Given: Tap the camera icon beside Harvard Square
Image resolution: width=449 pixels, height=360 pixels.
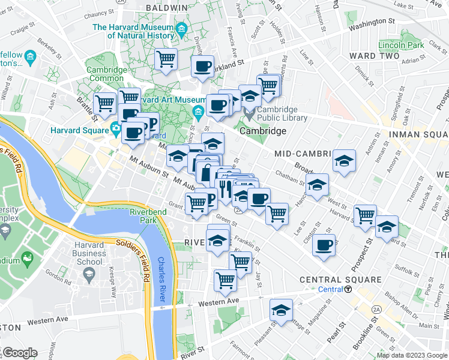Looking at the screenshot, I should (115, 128).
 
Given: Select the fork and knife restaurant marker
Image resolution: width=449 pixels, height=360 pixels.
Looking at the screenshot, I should (224, 189).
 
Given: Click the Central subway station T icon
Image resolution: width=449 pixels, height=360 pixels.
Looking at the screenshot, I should (348, 289).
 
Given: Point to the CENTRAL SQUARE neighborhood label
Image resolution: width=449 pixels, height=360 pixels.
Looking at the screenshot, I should (340, 280).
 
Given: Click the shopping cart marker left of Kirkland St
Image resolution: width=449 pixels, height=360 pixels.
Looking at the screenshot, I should (166, 59).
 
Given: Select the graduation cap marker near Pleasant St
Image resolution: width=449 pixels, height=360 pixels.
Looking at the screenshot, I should (281, 310).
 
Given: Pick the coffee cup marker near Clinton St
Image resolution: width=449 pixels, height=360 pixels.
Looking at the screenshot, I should (324, 244).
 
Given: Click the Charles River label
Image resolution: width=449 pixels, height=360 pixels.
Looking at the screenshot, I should (161, 279).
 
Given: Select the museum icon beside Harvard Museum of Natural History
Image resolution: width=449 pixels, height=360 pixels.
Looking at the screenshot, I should (181, 28).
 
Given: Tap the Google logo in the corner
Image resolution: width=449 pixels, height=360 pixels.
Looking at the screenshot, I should (19, 353).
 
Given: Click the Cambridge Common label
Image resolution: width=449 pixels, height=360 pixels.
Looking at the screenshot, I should (107, 74).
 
